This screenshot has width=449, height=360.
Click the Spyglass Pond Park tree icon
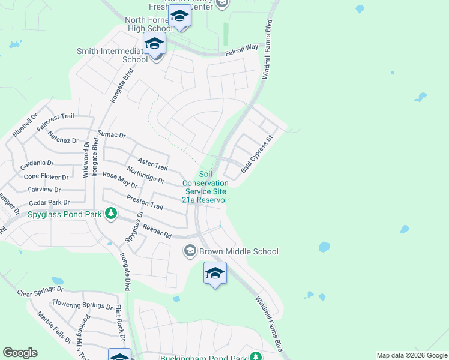pos(110,213)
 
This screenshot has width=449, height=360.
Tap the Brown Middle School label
pos(239,251)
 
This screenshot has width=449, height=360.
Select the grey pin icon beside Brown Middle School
pos(191,251)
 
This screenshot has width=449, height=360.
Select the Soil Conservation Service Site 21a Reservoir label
pos(205,187)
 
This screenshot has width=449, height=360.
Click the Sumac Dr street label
pos(112,136)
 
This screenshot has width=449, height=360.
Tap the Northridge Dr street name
pos(145,175)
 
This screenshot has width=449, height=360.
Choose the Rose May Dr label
pos(120,181)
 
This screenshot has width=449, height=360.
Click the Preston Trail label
pos(145,202)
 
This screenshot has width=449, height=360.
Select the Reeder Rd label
pos(158,232)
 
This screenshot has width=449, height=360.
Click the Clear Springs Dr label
pos(40,293)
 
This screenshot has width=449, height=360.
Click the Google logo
pos(20,353)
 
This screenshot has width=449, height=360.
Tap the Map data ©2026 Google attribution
pos(411,355)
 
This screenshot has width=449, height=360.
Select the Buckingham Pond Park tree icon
pos(256,356)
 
